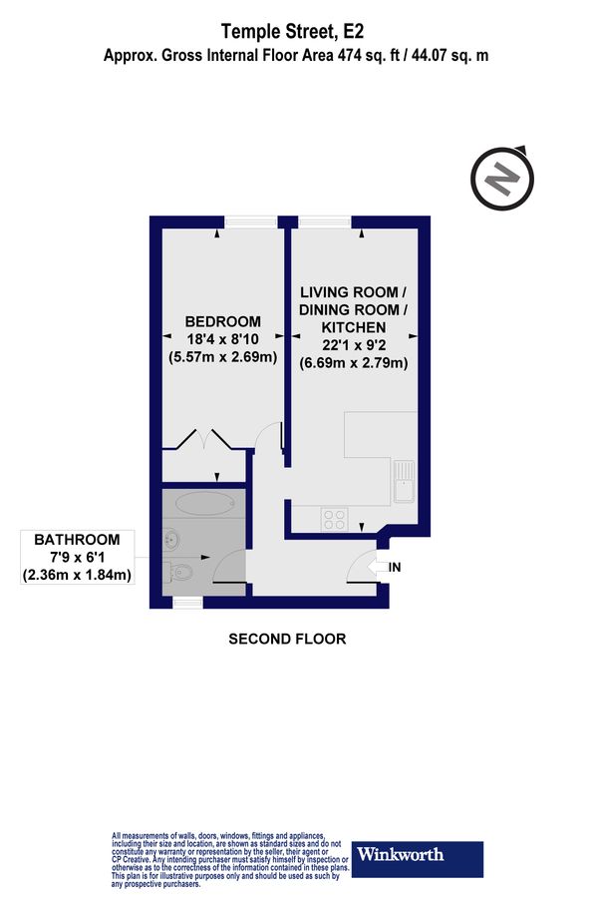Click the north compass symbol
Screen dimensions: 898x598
click(x=502, y=180)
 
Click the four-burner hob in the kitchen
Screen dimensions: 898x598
click(x=333, y=519)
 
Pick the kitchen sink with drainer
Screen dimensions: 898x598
click(x=404, y=481)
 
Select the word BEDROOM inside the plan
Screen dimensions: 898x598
click(x=223, y=322)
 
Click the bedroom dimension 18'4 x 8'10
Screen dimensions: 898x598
click(x=223, y=339)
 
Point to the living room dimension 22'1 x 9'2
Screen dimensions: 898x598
click(x=354, y=345)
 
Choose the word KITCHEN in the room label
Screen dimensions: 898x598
click(x=354, y=327)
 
